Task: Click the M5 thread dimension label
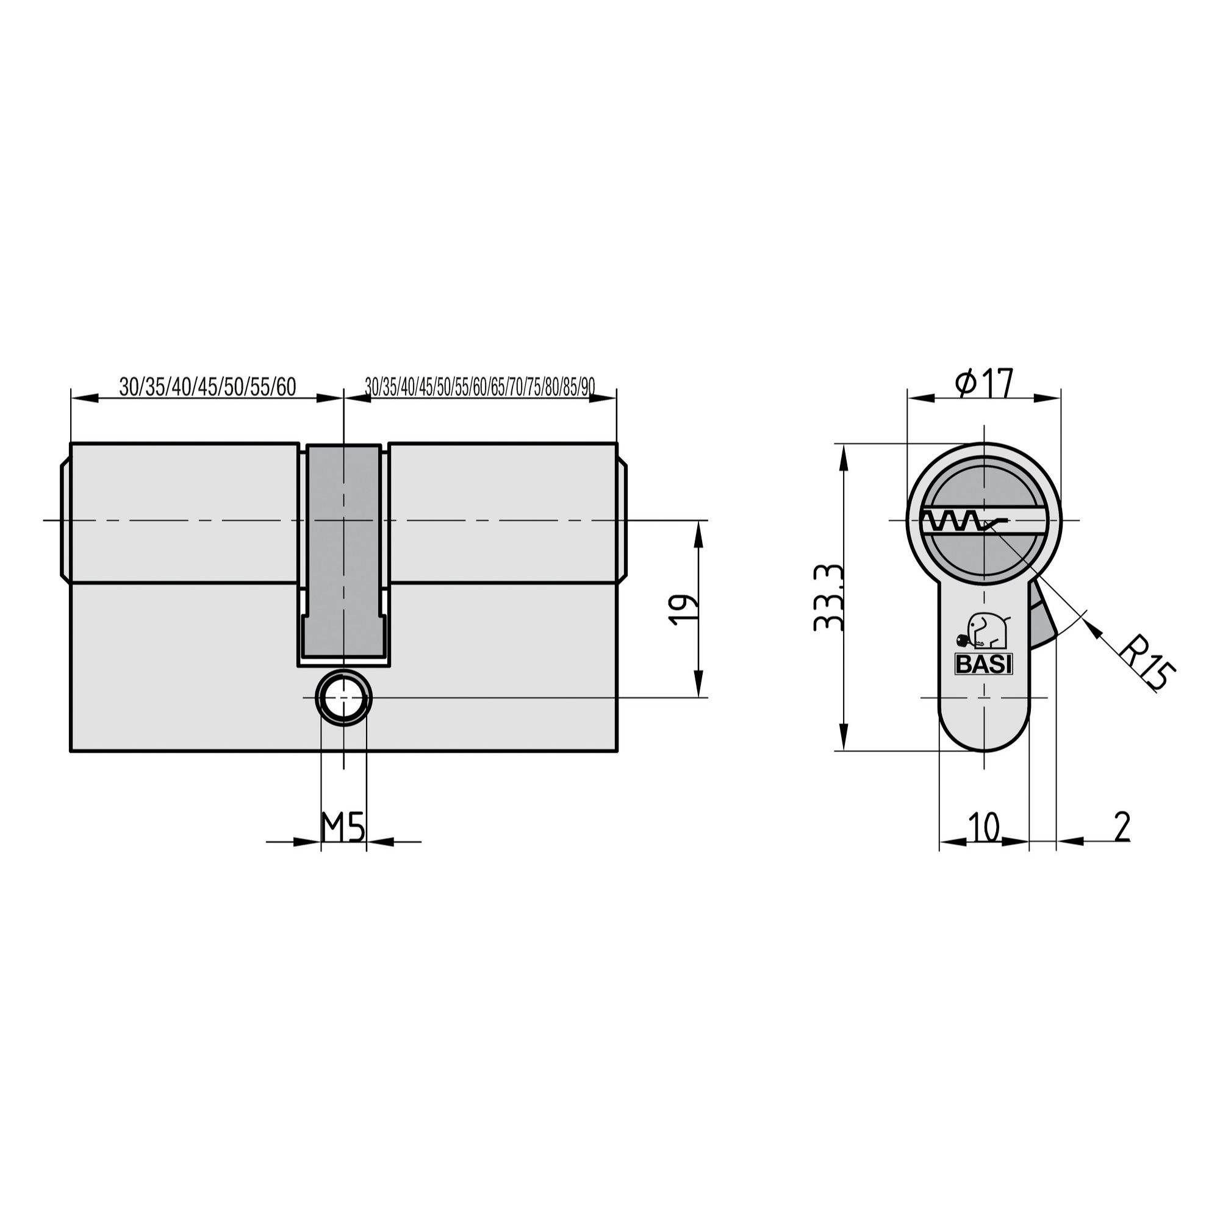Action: tap(343, 827)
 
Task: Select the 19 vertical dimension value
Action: tap(684, 609)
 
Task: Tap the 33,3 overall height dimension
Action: tap(828, 597)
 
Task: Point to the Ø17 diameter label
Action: tap(985, 383)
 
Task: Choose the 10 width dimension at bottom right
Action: tap(984, 827)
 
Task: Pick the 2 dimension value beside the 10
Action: tap(1122, 827)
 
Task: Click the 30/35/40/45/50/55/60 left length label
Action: tap(208, 387)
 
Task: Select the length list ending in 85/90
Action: tap(480, 387)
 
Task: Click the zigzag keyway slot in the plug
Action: tap(953, 522)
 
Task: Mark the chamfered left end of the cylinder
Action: tap(65, 521)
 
